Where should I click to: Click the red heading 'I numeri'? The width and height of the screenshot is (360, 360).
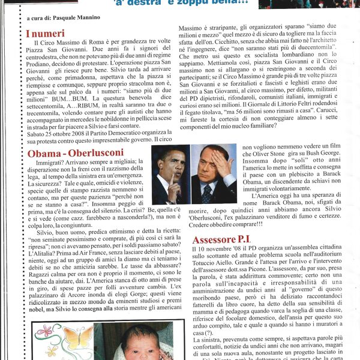pyautogui.click(x=46, y=34)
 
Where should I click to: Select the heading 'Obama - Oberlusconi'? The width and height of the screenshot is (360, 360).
pyautogui.click(x=75, y=152)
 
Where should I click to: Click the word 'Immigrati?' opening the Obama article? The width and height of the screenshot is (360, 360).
pyautogui.click(x=53, y=162)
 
